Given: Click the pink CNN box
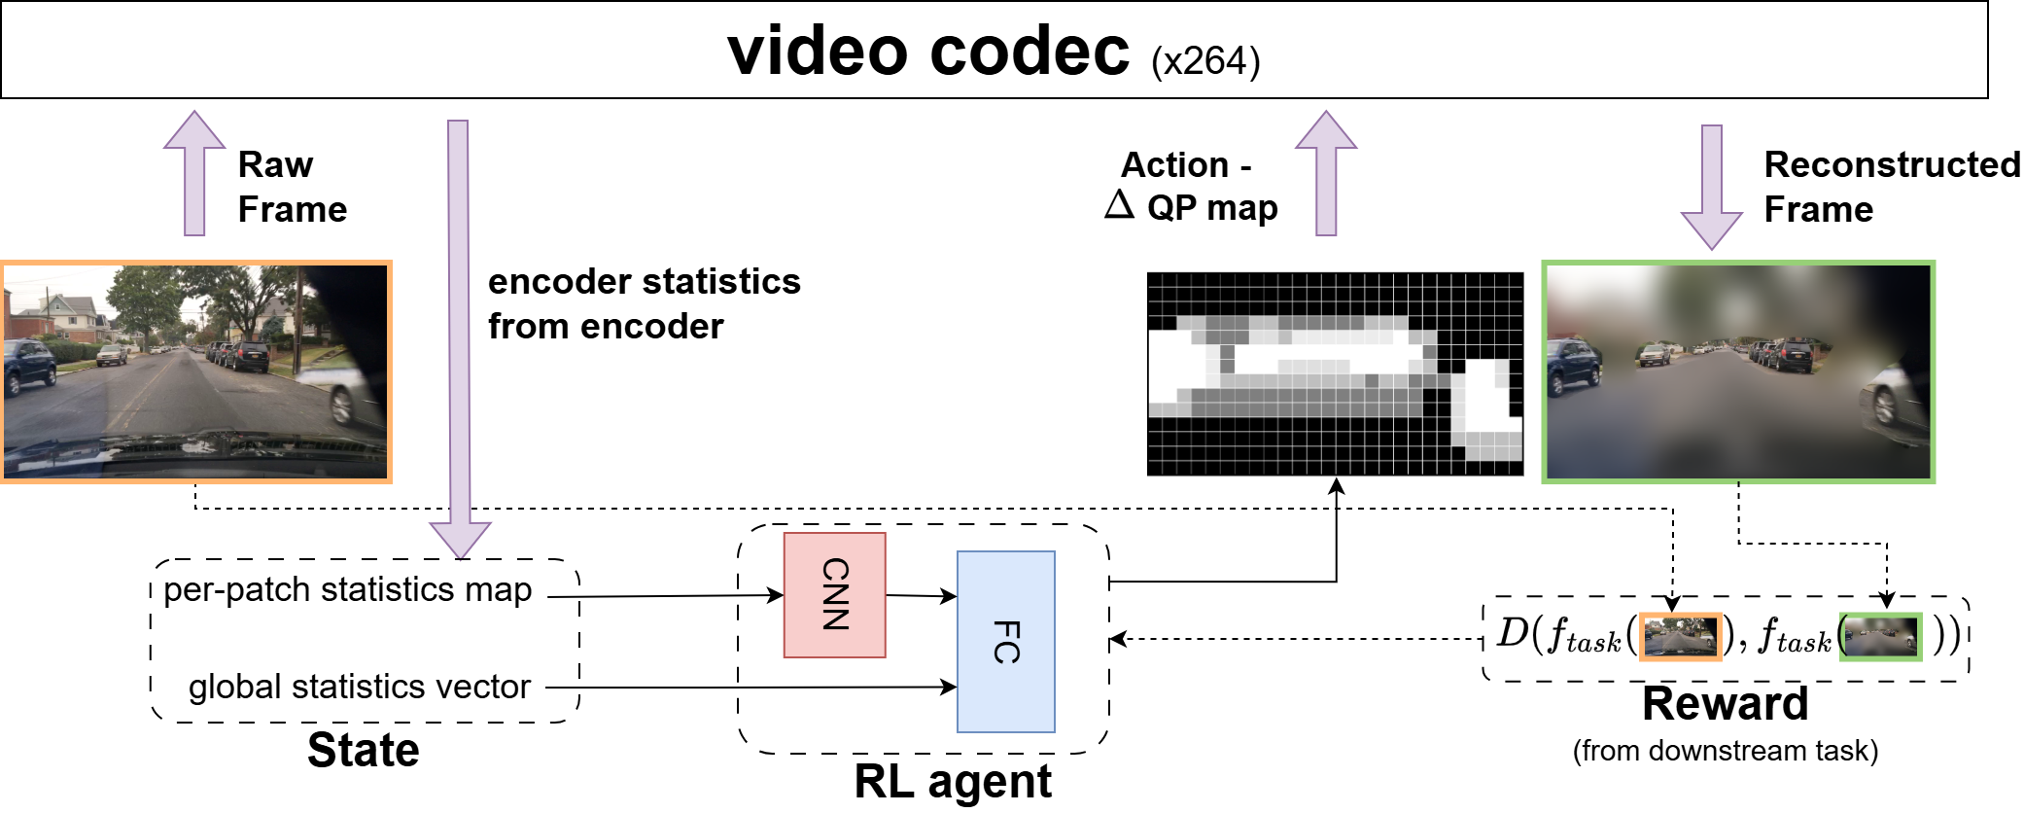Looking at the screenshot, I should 834,594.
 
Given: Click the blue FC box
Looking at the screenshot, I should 1005,642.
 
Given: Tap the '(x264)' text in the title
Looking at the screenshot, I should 1204,61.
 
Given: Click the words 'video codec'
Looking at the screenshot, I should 928,51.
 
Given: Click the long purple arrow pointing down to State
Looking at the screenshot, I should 459,331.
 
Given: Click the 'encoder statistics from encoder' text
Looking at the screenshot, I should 644,303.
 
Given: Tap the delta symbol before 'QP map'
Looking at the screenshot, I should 1119,205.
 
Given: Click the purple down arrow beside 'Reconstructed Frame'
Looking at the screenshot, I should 1712,185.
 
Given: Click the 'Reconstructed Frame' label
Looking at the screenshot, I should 1890,187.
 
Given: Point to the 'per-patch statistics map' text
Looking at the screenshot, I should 347,589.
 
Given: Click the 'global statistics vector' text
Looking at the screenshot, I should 359,687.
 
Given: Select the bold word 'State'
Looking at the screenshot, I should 363,750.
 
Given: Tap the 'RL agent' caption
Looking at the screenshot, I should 952,782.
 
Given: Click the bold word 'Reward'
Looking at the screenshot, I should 1725,703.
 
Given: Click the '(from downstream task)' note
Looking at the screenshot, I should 1725,751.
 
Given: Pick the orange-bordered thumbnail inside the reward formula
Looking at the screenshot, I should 1680,637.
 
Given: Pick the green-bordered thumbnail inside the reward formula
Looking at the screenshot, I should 1881,637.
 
